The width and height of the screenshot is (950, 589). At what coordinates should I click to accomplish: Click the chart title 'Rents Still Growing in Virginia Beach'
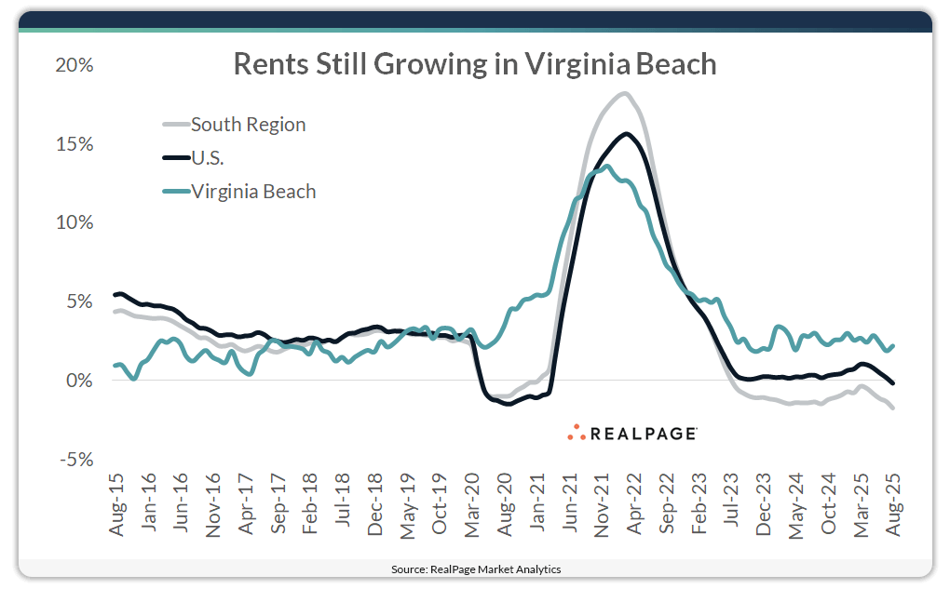tap(474, 63)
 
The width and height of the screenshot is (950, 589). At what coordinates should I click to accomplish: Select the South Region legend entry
tap(248, 124)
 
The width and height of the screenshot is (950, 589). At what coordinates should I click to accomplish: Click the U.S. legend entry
tap(207, 158)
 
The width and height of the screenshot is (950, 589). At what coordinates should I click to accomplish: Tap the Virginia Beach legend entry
tap(253, 192)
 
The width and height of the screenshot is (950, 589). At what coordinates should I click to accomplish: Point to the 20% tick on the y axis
tap(75, 66)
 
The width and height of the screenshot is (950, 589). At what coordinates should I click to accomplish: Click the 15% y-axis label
tap(75, 144)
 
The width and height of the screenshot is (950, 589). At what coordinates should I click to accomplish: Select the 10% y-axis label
tap(75, 223)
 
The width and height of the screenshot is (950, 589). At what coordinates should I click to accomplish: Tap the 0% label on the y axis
tap(79, 381)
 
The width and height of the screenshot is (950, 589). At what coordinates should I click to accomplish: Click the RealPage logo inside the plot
tap(633, 433)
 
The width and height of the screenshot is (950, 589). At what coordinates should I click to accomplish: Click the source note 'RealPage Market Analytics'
tap(475, 569)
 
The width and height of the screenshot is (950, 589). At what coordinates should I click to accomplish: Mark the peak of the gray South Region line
tap(623, 93)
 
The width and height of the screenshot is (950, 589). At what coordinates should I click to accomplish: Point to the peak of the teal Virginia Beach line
tap(607, 167)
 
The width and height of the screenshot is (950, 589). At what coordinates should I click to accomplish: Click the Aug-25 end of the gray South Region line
tap(893, 408)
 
